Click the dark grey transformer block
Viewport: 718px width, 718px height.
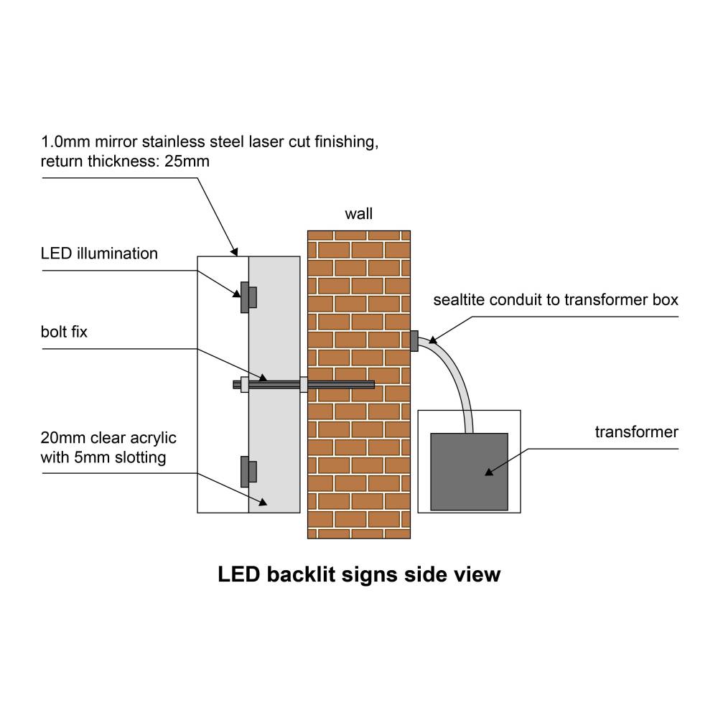[x=469, y=471]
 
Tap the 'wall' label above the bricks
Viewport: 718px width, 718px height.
[x=359, y=214]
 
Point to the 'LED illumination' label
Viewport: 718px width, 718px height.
[x=99, y=253]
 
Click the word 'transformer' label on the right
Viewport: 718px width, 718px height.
[x=636, y=432]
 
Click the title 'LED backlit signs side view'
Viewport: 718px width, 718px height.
[x=359, y=574]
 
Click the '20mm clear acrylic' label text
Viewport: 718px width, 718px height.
[x=108, y=437]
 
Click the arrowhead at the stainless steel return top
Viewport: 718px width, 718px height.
[x=234, y=251]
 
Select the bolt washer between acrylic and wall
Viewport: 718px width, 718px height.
[x=304, y=385]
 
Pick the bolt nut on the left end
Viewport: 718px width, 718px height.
[x=245, y=385]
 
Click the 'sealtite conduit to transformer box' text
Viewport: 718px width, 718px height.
[x=555, y=299]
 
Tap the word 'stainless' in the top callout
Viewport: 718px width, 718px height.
[x=171, y=142]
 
